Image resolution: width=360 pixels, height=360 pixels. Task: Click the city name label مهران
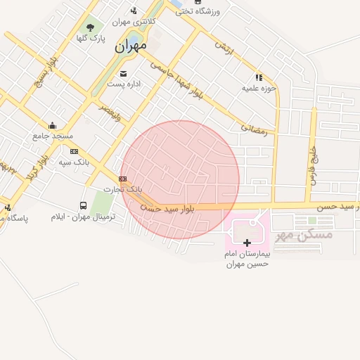coord(131,46)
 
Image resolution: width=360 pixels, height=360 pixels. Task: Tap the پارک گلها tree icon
coord(91,27)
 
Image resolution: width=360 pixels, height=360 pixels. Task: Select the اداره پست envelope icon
coord(124,73)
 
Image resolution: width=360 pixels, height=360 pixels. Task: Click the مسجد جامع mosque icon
coord(51,126)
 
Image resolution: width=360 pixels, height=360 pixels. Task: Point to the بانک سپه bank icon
coord(74,150)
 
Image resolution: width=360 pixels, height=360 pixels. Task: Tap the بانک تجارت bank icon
coord(123,179)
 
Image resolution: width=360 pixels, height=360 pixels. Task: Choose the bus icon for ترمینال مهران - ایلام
coord(84,206)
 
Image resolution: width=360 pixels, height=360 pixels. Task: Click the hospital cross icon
coord(247,243)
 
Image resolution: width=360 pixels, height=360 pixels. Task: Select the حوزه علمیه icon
coord(259,77)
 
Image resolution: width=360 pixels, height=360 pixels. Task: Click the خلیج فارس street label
coord(311,166)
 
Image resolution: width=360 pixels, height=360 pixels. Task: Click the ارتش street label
coord(223,49)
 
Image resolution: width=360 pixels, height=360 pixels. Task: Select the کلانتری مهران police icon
coord(134,11)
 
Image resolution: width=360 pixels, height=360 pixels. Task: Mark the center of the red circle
coord(180,179)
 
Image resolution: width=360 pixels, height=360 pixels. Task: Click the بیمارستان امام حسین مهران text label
coord(247,258)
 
